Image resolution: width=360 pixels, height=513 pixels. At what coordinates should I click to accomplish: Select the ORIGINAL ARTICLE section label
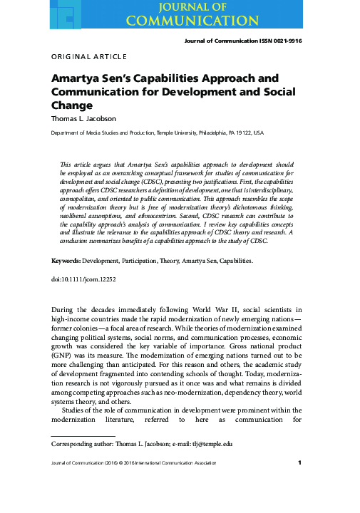[x=89, y=57]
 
